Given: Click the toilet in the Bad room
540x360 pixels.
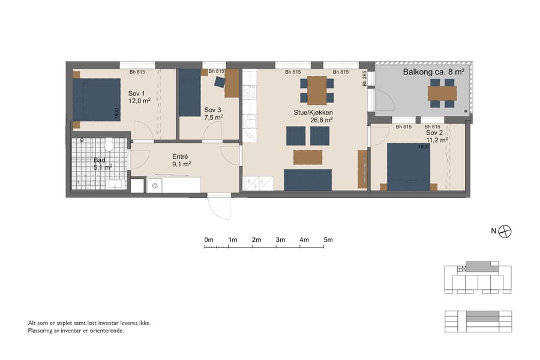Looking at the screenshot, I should pyautogui.click(x=109, y=145).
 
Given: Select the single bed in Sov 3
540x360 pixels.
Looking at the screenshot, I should pyautogui.click(x=190, y=93).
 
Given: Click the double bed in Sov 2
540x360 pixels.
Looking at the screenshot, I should pyautogui.click(x=409, y=166).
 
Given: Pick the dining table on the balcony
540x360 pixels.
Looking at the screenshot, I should pyautogui.click(x=442, y=94).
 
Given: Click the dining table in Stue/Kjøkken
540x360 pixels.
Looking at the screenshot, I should pyautogui.click(x=317, y=90).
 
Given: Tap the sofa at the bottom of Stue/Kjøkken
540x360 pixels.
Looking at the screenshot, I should pyautogui.click(x=308, y=179).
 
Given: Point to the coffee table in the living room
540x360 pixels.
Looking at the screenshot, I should pyautogui.click(x=308, y=157).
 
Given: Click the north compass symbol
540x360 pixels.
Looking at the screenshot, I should pyautogui.click(x=505, y=230).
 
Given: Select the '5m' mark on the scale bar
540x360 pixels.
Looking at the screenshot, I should pyautogui.click(x=328, y=240).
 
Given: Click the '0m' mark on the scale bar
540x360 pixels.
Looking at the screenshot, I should pyautogui.click(x=209, y=240).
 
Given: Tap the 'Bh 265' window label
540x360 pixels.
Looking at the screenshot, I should pyautogui.click(x=364, y=79).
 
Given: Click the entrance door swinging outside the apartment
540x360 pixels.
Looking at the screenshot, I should pyautogui.click(x=220, y=207).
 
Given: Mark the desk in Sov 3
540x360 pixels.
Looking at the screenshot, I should pyautogui.click(x=232, y=83).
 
